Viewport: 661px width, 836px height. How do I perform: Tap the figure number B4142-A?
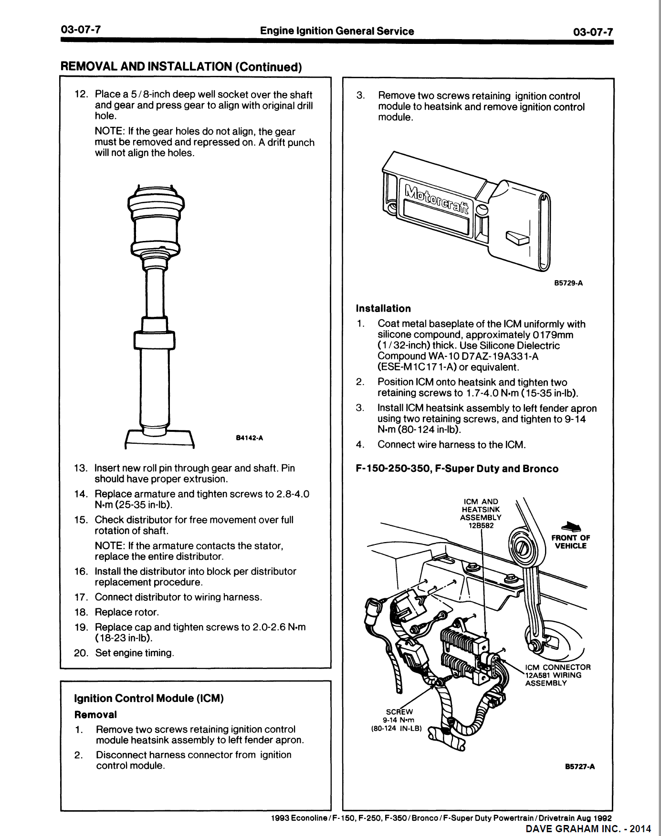[x=250, y=438]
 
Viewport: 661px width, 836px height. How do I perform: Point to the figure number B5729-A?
[x=568, y=283]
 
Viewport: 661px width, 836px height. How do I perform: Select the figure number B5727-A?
[x=579, y=767]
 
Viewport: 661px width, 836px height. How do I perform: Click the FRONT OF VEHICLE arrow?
[x=571, y=527]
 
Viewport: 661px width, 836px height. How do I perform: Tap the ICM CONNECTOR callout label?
[x=557, y=667]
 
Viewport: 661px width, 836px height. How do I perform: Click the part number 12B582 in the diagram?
[x=481, y=525]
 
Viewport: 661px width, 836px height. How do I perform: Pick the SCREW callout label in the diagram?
[x=399, y=711]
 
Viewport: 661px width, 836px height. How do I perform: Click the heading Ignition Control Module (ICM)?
[x=149, y=698]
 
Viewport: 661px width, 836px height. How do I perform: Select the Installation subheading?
[x=383, y=308]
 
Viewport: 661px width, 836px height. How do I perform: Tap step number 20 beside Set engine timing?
[x=81, y=653]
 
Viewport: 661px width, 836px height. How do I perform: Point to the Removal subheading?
[x=95, y=714]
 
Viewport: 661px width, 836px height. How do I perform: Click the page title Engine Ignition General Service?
[x=337, y=31]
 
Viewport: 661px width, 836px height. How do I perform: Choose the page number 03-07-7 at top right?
[x=593, y=32]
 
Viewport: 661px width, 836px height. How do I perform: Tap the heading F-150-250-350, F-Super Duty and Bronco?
[x=457, y=469]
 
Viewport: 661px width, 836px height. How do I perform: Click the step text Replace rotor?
[x=126, y=612]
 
